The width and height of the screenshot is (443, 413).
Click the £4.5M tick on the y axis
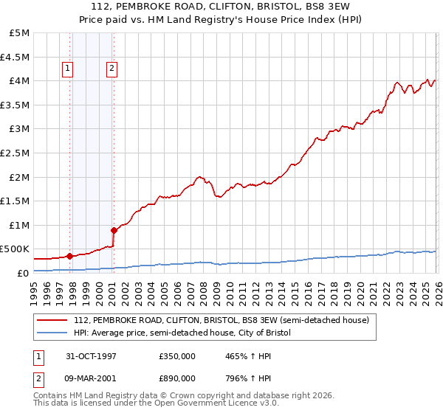15,57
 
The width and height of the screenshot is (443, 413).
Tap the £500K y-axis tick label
15,249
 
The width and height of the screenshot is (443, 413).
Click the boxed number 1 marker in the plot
67,69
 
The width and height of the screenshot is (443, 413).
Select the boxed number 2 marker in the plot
111,69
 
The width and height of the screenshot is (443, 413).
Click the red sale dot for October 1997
70,256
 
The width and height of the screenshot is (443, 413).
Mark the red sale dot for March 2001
114,230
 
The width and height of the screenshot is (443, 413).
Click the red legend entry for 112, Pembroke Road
226,320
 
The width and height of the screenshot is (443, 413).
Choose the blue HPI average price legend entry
182,333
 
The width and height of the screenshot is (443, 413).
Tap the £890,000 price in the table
176,378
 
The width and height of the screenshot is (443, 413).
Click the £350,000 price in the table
176,355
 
